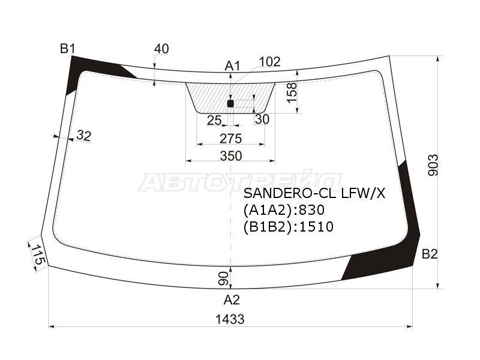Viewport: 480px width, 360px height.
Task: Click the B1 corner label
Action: pos(67,49)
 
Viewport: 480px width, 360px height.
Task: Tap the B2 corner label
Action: pos(430,254)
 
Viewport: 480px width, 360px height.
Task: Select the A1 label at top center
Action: pos(233,66)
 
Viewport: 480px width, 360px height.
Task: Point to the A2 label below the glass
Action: pos(232,299)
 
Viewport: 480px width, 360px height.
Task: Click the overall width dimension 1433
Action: pos(230,319)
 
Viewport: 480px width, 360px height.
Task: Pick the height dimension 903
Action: pos(433,166)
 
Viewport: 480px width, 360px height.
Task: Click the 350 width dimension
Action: pos(231,156)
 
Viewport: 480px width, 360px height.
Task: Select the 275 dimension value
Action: pos(231,139)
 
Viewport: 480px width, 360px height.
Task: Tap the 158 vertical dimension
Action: pos(292,92)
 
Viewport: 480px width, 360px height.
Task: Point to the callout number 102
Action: pos(269,62)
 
